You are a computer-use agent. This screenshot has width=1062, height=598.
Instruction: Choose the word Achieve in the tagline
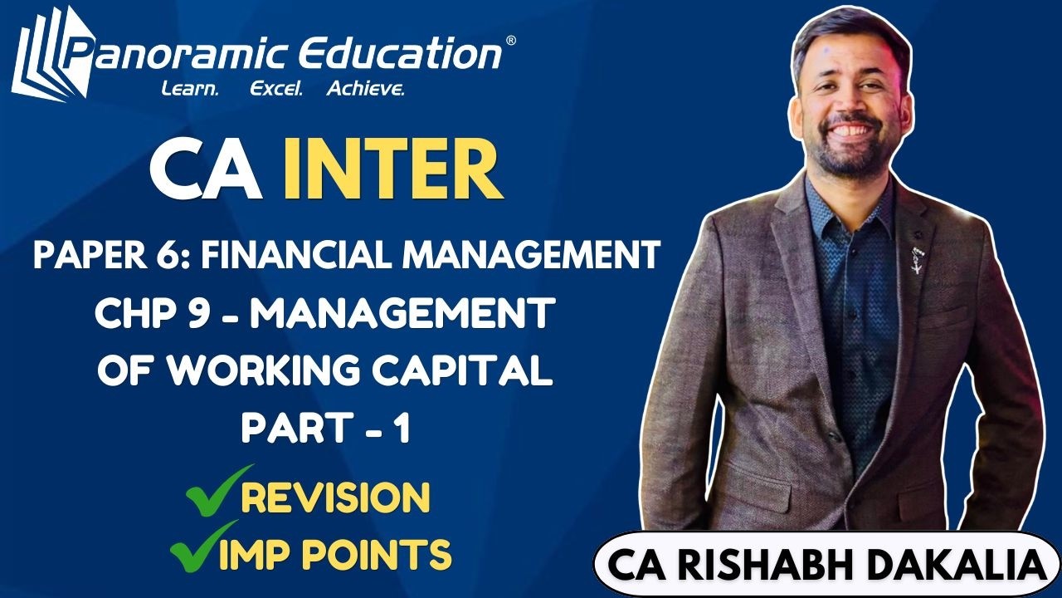click(x=365, y=89)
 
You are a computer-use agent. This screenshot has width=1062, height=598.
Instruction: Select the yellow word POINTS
click(x=381, y=553)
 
